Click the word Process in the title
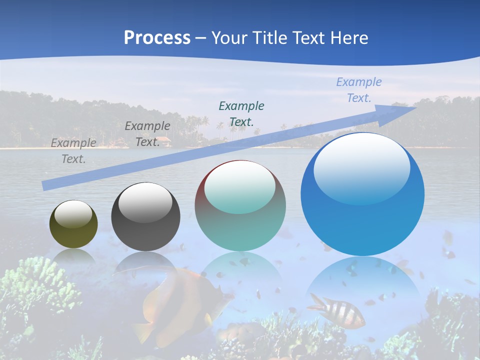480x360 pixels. (x=157, y=38)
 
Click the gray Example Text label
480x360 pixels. (x=73, y=150)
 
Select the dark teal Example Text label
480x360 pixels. (x=241, y=113)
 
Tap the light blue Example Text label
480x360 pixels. (x=359, y=89)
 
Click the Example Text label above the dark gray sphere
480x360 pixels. (x=147, y=133)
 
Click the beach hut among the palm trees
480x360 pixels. (x=163, y=142)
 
